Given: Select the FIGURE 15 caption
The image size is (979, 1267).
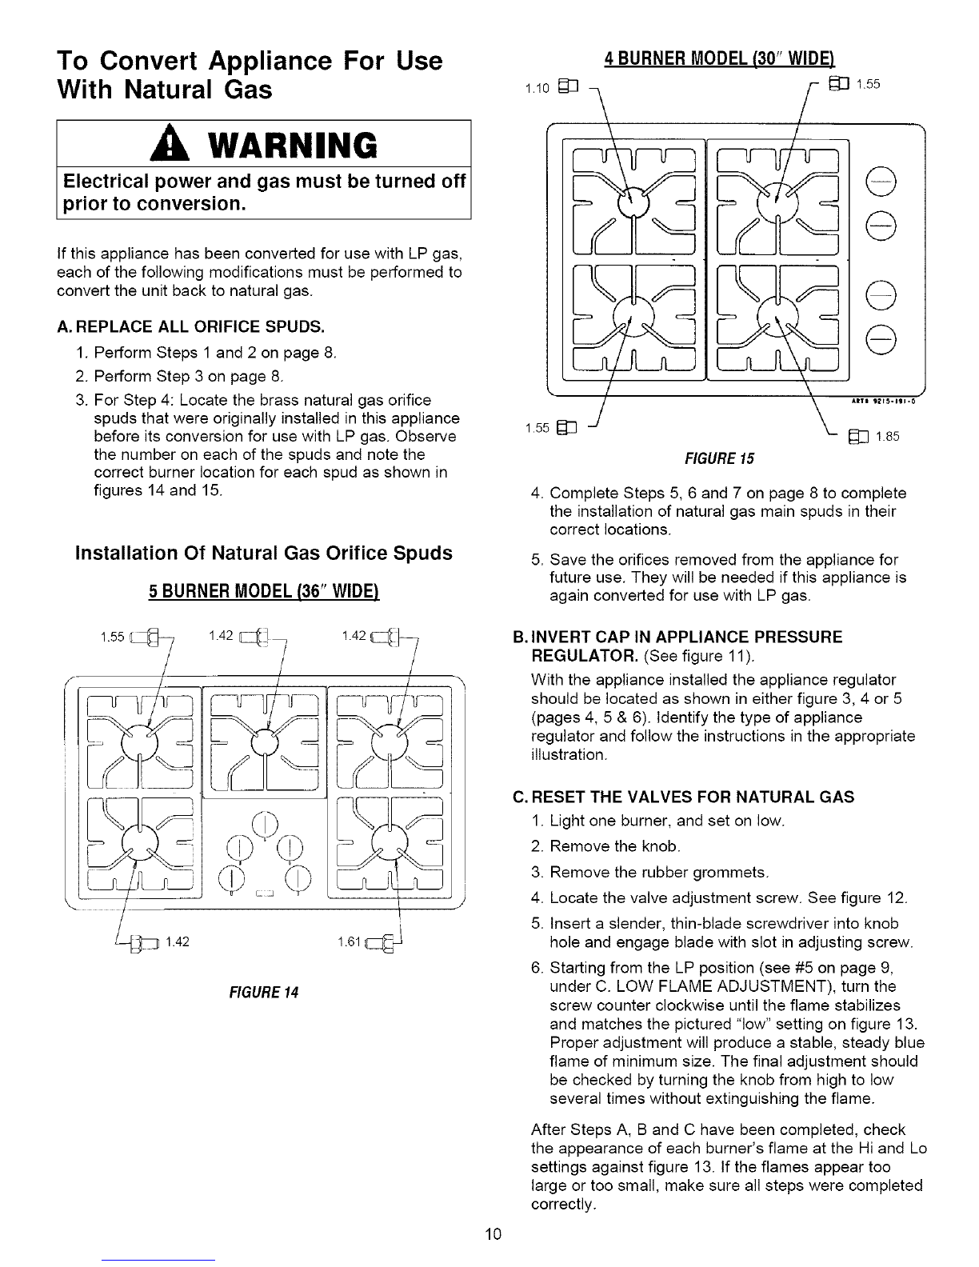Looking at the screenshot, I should (728, 458).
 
